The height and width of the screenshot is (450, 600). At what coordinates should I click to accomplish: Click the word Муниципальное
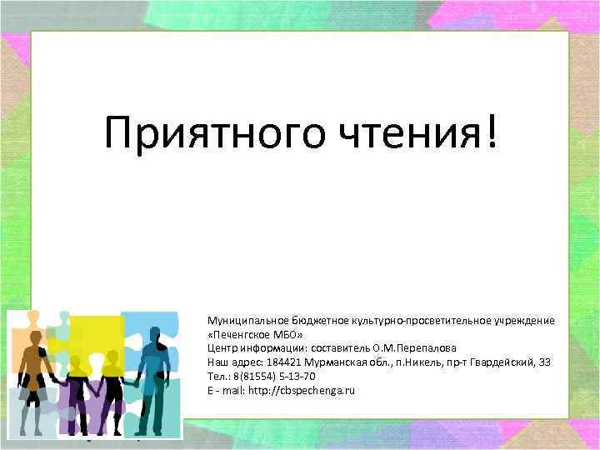point(242,321)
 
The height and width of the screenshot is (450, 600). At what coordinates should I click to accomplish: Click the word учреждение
point(520,321)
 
